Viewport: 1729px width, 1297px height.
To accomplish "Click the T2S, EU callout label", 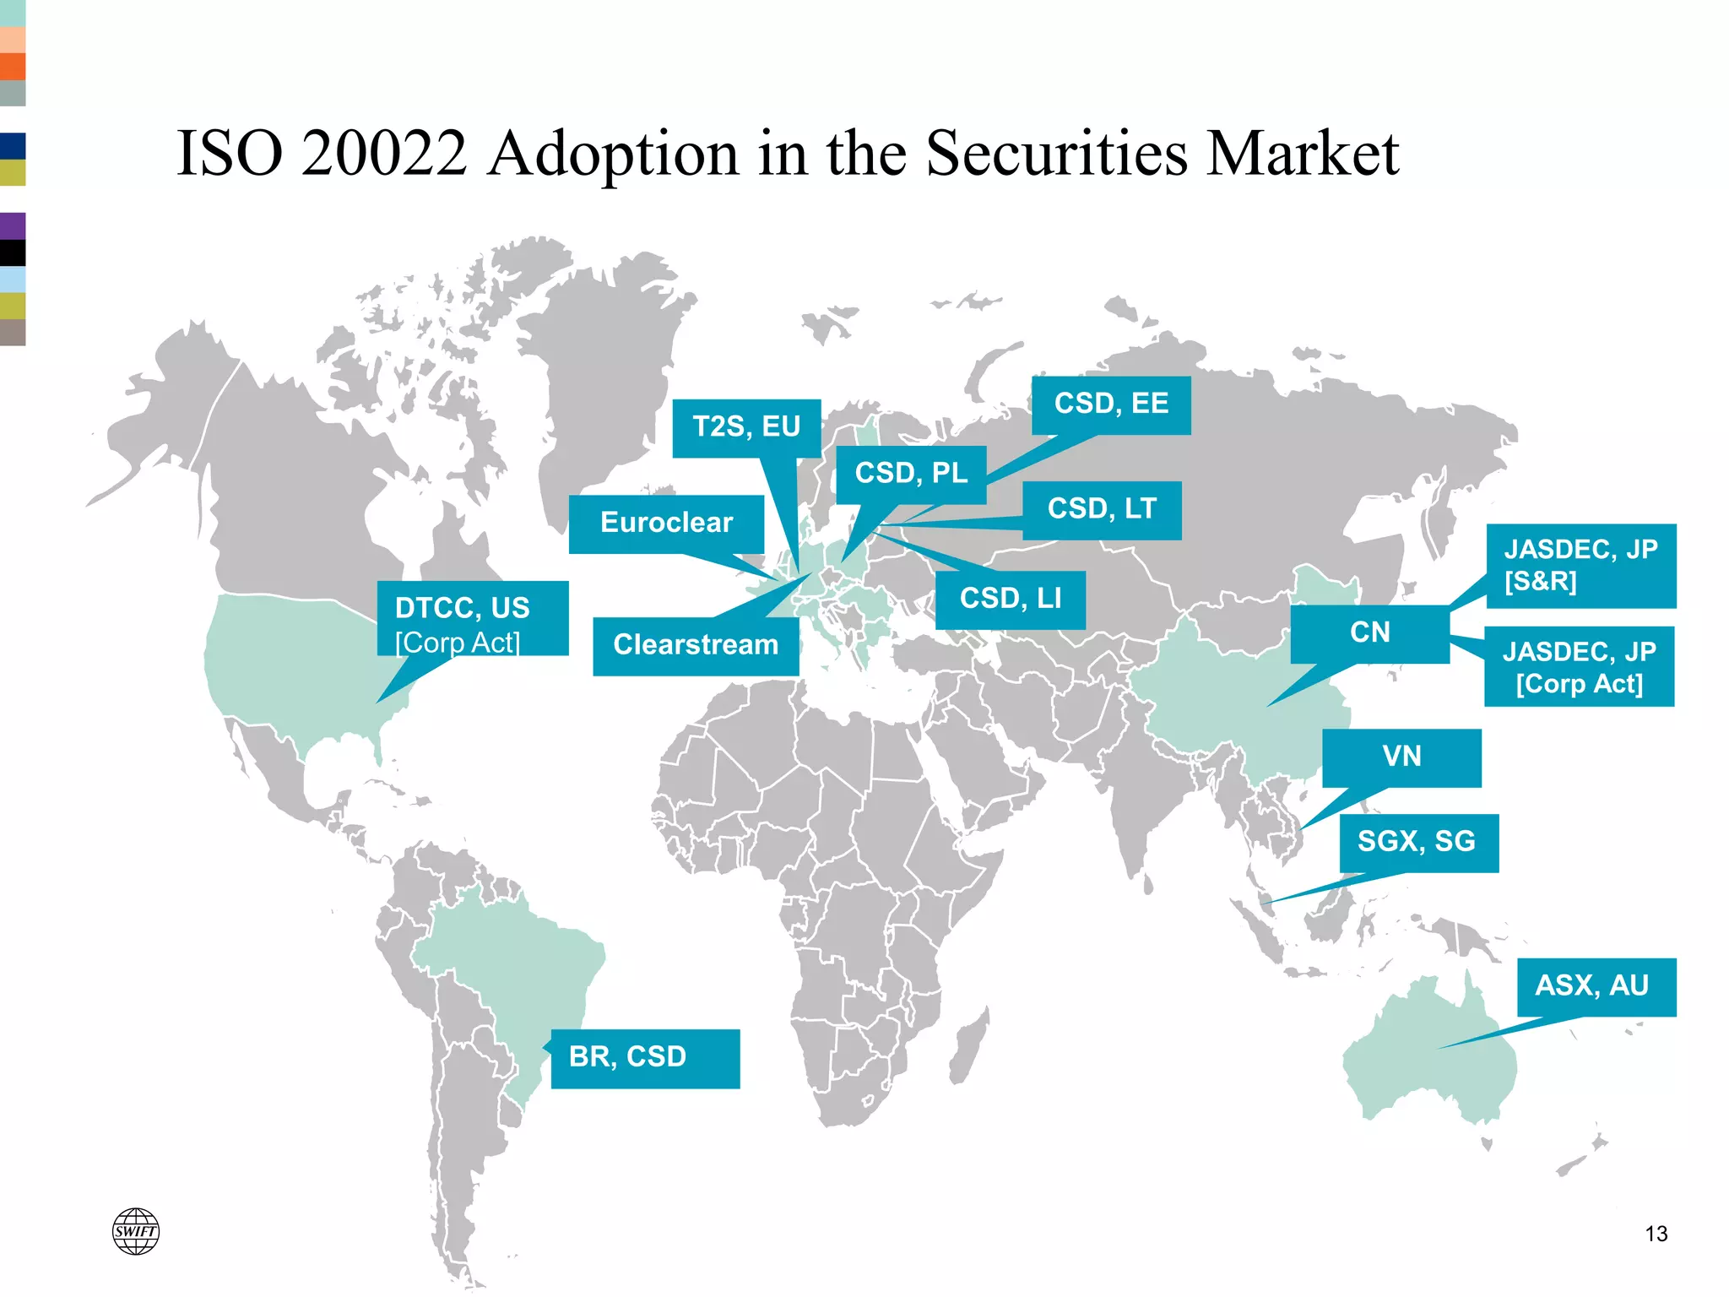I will (x=746, y=427).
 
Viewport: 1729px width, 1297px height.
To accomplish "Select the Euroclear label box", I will (x=666, y=524).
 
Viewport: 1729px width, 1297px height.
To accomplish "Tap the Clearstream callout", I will (x=696, y=646).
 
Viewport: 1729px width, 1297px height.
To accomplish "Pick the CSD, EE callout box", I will (x=1111, y=405).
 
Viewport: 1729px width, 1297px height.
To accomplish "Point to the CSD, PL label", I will (x=911, y=475).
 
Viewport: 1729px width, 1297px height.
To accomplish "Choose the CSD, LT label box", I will (x=1102, y=510).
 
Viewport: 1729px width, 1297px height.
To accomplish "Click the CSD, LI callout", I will (x=1011, y=600).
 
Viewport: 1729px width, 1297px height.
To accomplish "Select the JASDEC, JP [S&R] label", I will (x=1580, y=566).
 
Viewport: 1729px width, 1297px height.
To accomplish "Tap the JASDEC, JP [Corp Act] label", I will (x=1579, y=667).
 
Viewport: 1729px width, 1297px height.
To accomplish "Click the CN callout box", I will (x=1369, y=633).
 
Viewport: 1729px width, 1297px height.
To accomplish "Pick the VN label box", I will (x=1401, y=757).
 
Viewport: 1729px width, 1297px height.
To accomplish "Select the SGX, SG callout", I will (x=1418, y=843).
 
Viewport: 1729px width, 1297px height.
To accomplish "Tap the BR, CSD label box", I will (x=645, y=1058).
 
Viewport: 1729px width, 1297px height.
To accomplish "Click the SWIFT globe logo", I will (x=136, y=1231).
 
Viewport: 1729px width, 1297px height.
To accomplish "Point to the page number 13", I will (x=1656, y=1235).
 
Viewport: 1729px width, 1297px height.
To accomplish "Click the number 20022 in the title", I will (x=384, y=154).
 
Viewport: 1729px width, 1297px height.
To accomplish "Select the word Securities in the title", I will (x=1057, y=154).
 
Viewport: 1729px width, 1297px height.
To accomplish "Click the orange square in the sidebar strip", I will (x=13, y=67).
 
